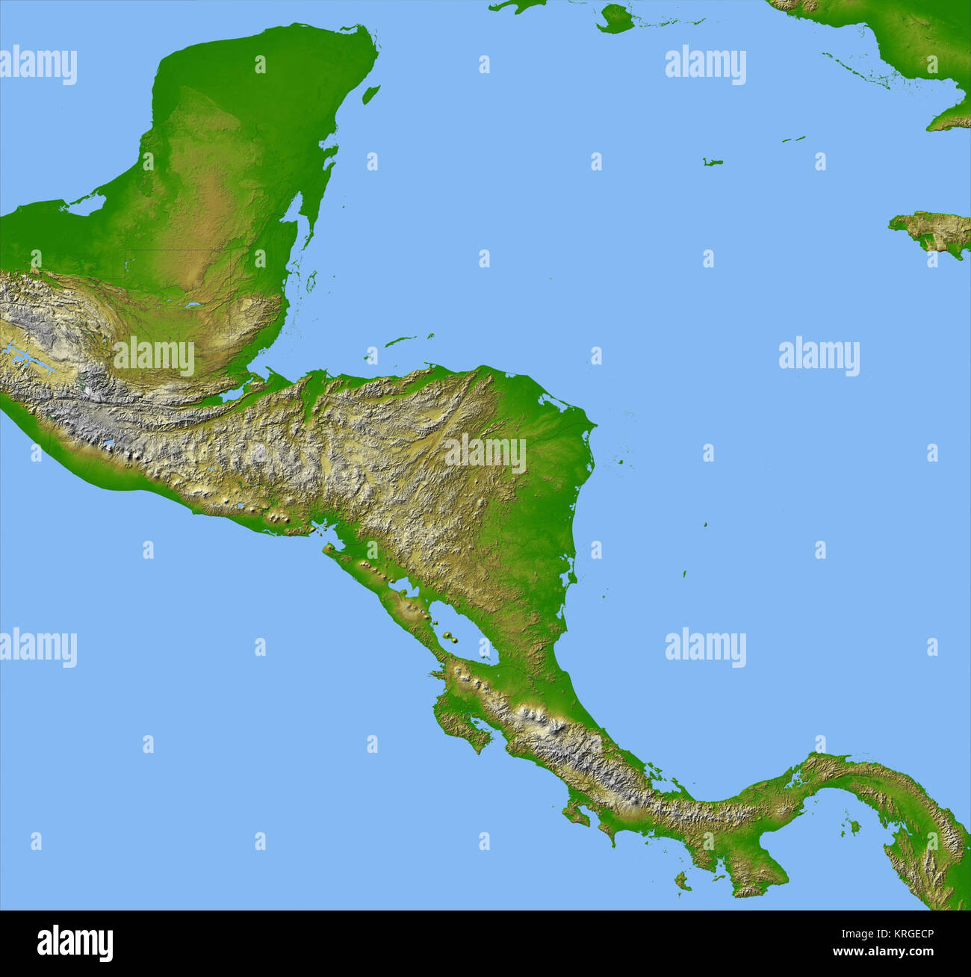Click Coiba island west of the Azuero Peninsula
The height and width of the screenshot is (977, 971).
coord(681,881)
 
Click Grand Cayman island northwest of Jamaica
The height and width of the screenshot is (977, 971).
coord(713,162)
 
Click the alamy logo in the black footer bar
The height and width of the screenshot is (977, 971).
coord(75,943)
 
